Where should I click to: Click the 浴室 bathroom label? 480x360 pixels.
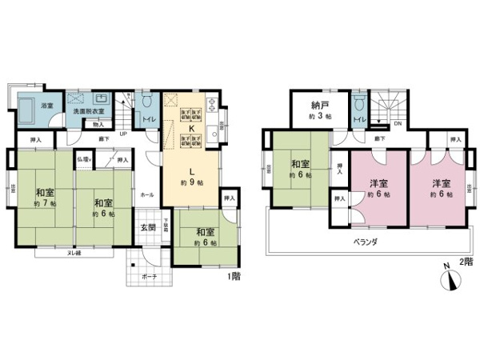pyautogui.click(x=48, y=106)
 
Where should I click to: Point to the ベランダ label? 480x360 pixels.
pyautogui.click(x=365, y=240)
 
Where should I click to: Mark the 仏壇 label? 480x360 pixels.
pyautogui.click(x=83, y=160)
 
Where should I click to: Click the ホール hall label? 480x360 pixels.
pyautogui.click(x=147, y=194)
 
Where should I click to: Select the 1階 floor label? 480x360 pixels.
pyautogui.click(x=234, y=277)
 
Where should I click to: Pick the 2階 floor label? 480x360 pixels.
pyautogui.click(x=466, y=262)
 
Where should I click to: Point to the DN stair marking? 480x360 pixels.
pyautogui.click(x=398, y=124)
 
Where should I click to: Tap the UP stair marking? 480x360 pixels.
pyautogui.click(x=122, y=134)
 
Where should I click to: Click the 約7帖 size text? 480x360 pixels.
pyautogui.click(x=44, y=203)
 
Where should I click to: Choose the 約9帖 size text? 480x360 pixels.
pyautogui.click(x=192, y=182)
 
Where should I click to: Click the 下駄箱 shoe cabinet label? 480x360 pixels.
pyautogui.click(x=167, y=224)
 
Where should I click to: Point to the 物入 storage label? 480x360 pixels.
pyautogui.click(x=98, y=124)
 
